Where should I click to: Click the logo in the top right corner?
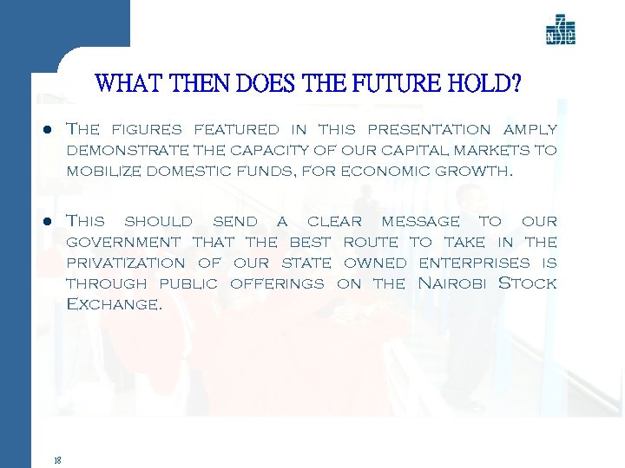point(560,30)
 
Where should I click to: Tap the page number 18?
point(56,460)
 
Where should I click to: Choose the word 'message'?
point(420,222)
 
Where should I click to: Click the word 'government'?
point(124,242)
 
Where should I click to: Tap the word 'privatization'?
point(126,263)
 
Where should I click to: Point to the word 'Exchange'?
point(114,304)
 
